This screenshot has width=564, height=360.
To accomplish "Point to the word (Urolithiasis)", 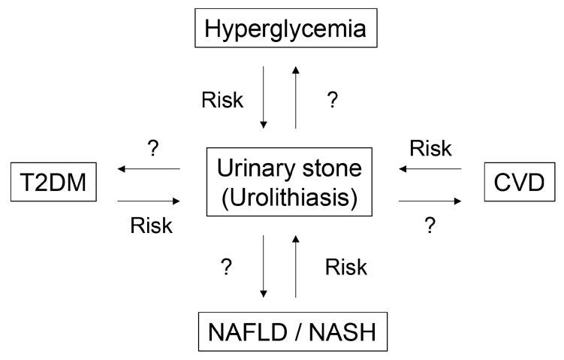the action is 290,197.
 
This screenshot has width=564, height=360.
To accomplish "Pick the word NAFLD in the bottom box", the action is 248,332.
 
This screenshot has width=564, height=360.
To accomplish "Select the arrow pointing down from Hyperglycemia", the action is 264,97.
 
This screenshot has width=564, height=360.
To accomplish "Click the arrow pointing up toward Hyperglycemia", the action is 296,97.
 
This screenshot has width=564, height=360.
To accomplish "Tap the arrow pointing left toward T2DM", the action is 149,168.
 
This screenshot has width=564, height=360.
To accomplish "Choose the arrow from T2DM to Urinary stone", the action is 149,201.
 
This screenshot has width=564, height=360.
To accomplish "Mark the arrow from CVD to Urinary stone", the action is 430,168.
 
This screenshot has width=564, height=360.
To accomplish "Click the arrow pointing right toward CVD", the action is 430,201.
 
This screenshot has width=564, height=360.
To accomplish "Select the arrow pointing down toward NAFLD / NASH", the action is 264,266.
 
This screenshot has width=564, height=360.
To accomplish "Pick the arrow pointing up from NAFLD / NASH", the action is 296,266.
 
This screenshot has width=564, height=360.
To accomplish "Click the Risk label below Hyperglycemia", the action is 222,100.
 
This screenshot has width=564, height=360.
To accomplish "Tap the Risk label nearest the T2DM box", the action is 152,225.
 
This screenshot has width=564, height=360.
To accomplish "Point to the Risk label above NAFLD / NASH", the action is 346,267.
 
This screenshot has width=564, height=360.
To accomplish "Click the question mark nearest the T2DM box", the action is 153,148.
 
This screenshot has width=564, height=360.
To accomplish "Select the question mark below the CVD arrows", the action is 430,225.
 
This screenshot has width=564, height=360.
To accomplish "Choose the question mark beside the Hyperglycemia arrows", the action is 333,100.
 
